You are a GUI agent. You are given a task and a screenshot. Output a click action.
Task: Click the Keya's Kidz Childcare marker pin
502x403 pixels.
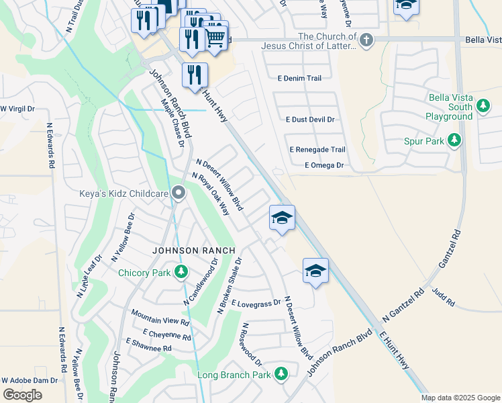point(178,193)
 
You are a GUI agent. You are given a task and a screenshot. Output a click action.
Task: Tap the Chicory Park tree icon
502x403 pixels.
point(181,272)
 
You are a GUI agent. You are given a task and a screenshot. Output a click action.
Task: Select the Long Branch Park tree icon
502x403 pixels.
point(281,373)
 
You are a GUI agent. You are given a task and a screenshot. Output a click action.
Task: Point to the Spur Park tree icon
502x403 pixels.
point(454,140)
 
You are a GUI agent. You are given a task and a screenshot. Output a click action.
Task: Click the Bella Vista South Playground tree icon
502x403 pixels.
point(482,105)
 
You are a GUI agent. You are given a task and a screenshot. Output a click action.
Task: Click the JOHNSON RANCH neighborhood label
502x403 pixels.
point(194,251)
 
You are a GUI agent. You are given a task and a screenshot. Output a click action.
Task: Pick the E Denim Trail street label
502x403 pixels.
point(299,79)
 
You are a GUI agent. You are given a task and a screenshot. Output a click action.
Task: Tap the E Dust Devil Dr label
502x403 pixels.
point(309,120)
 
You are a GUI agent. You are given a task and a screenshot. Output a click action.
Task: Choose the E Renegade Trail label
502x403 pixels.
point(317,150)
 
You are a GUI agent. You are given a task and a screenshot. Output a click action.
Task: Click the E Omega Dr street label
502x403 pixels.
point(323,165)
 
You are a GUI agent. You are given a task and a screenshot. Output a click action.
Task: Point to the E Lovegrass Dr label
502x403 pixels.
point(256,304)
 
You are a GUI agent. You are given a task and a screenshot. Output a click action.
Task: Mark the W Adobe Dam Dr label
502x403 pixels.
point(30,380)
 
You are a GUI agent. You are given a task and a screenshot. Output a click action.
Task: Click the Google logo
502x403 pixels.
point(23,395)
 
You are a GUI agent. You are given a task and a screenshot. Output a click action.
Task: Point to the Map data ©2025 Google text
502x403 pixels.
point(460,398)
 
